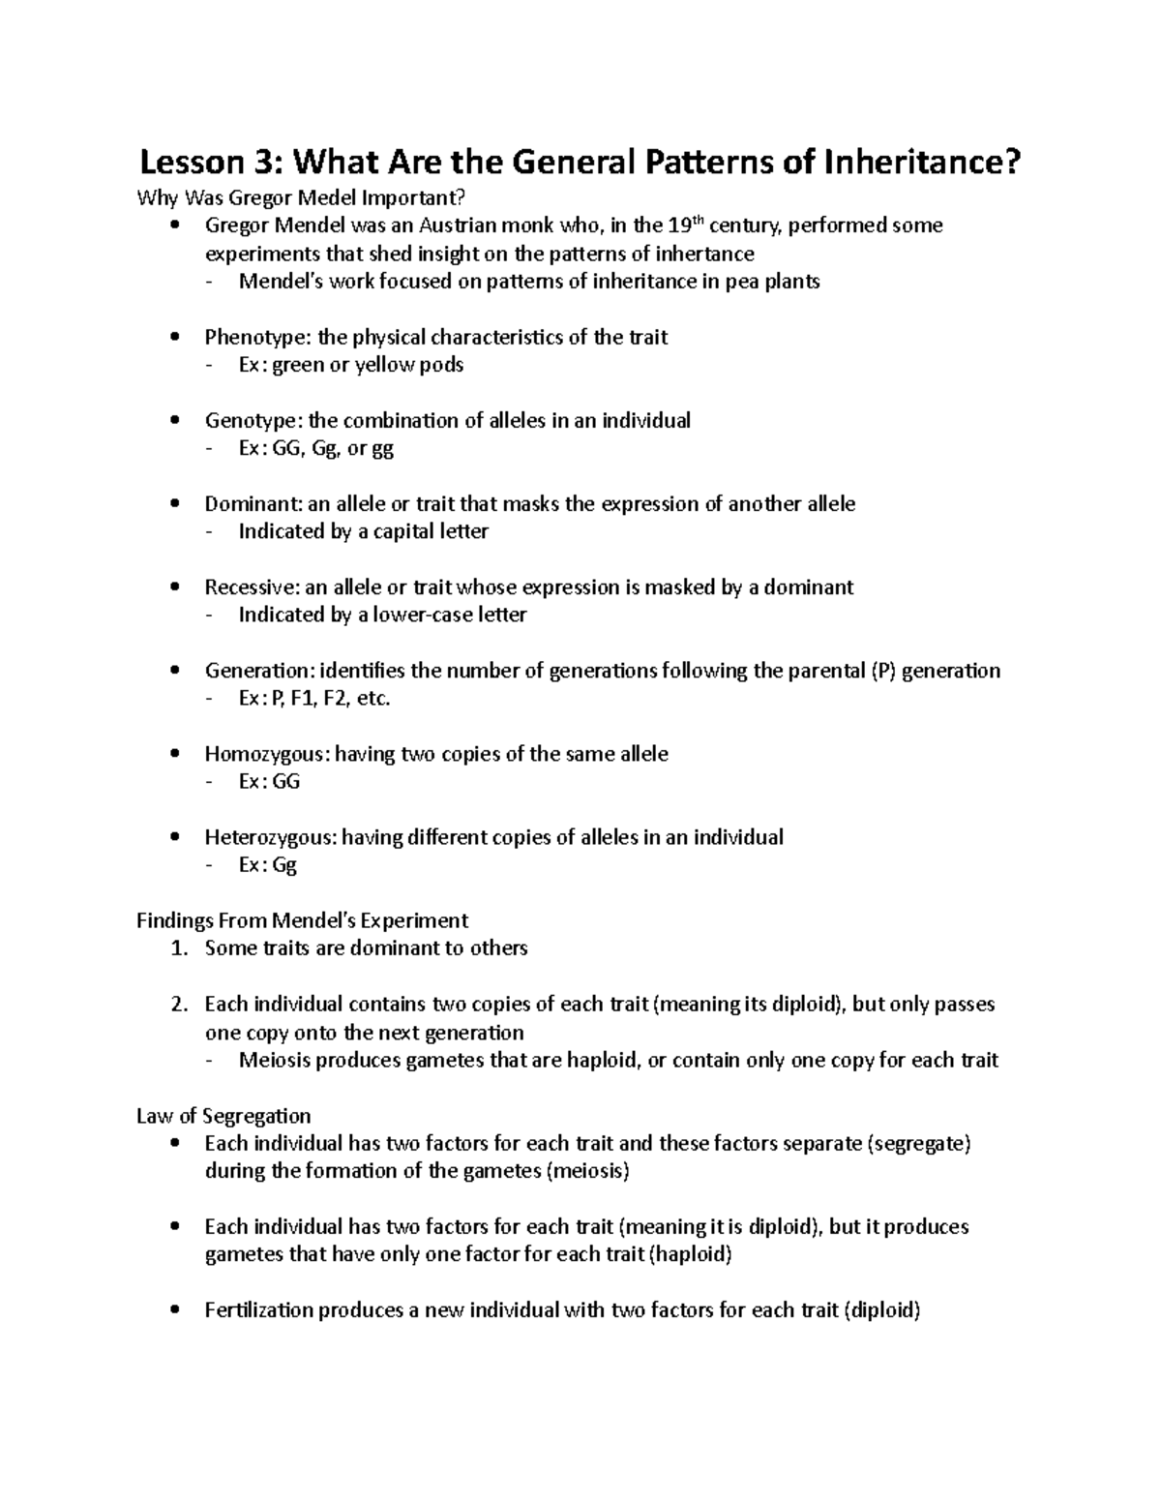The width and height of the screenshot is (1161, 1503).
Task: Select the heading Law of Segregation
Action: click(223, 1116)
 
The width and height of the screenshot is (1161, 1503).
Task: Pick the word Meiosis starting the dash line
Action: click(274, 1060)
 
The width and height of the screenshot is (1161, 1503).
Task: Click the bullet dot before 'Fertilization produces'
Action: click(174, 1311)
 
